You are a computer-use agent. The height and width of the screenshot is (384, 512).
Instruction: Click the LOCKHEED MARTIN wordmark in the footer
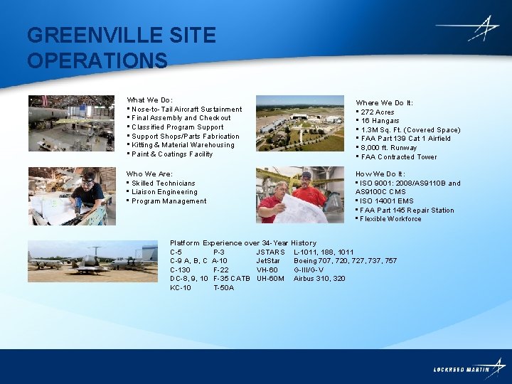point(462,370)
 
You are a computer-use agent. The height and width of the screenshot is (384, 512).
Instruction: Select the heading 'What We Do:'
point(149,100)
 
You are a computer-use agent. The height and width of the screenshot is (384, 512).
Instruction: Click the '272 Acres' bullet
point(377,112)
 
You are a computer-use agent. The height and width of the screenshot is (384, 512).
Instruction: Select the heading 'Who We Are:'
point(149,174)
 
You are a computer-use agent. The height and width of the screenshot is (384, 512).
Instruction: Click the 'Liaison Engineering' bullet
point(164,192)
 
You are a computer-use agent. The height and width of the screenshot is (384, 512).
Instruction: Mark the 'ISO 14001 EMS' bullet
point(387,201)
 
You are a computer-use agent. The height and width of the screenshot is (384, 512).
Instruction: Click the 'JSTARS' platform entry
point(270,252)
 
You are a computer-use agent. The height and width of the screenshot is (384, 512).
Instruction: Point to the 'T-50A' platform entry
point(223,288)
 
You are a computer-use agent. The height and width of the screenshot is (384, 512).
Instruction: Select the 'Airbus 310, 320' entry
point(319,279)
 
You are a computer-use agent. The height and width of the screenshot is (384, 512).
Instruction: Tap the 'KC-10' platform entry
point(181,288)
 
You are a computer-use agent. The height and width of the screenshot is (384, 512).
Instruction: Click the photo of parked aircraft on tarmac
point(92,261)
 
